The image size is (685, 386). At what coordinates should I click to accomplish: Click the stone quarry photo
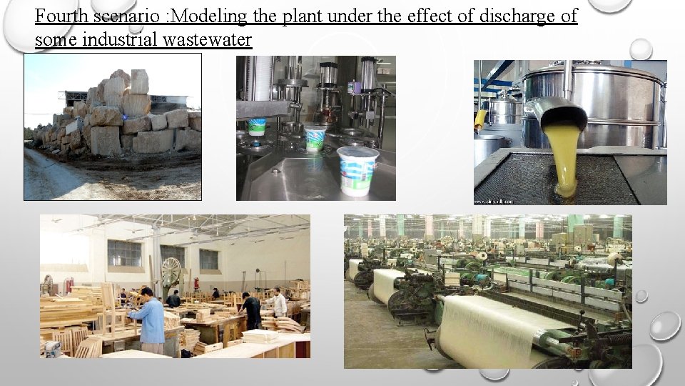point(113,127)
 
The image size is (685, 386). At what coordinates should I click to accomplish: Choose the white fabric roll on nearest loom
point(492,329)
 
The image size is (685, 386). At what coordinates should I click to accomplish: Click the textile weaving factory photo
point(487,291)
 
